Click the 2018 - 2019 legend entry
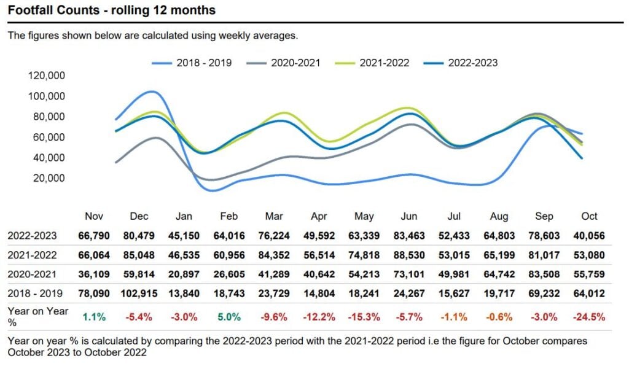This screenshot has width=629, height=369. (192, 63)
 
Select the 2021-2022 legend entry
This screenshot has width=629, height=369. (372, 63)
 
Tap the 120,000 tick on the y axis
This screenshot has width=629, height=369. (47, 76)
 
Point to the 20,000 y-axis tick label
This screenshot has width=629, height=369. (49, 178)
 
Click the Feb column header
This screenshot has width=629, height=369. (229, 216)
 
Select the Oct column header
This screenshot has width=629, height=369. (589, 216)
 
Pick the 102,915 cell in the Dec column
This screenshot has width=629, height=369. (139, 293)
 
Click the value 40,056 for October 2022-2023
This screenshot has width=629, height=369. (589, 236)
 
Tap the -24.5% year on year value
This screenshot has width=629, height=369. (589, 317)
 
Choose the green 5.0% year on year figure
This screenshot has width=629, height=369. (229, 317)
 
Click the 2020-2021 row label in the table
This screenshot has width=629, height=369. (32, 274)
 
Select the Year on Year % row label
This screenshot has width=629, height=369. (38, 316)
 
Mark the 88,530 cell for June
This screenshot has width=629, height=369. (409, 255)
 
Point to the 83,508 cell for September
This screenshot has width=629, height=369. (544, 274)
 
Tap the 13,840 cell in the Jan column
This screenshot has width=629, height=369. (184, 293)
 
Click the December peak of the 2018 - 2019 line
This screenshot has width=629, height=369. (152, 91)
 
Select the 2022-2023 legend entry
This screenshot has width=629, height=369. (461, 63)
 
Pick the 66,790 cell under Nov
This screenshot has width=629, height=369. (94, 236)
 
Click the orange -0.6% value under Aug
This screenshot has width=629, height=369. (499, 317)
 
